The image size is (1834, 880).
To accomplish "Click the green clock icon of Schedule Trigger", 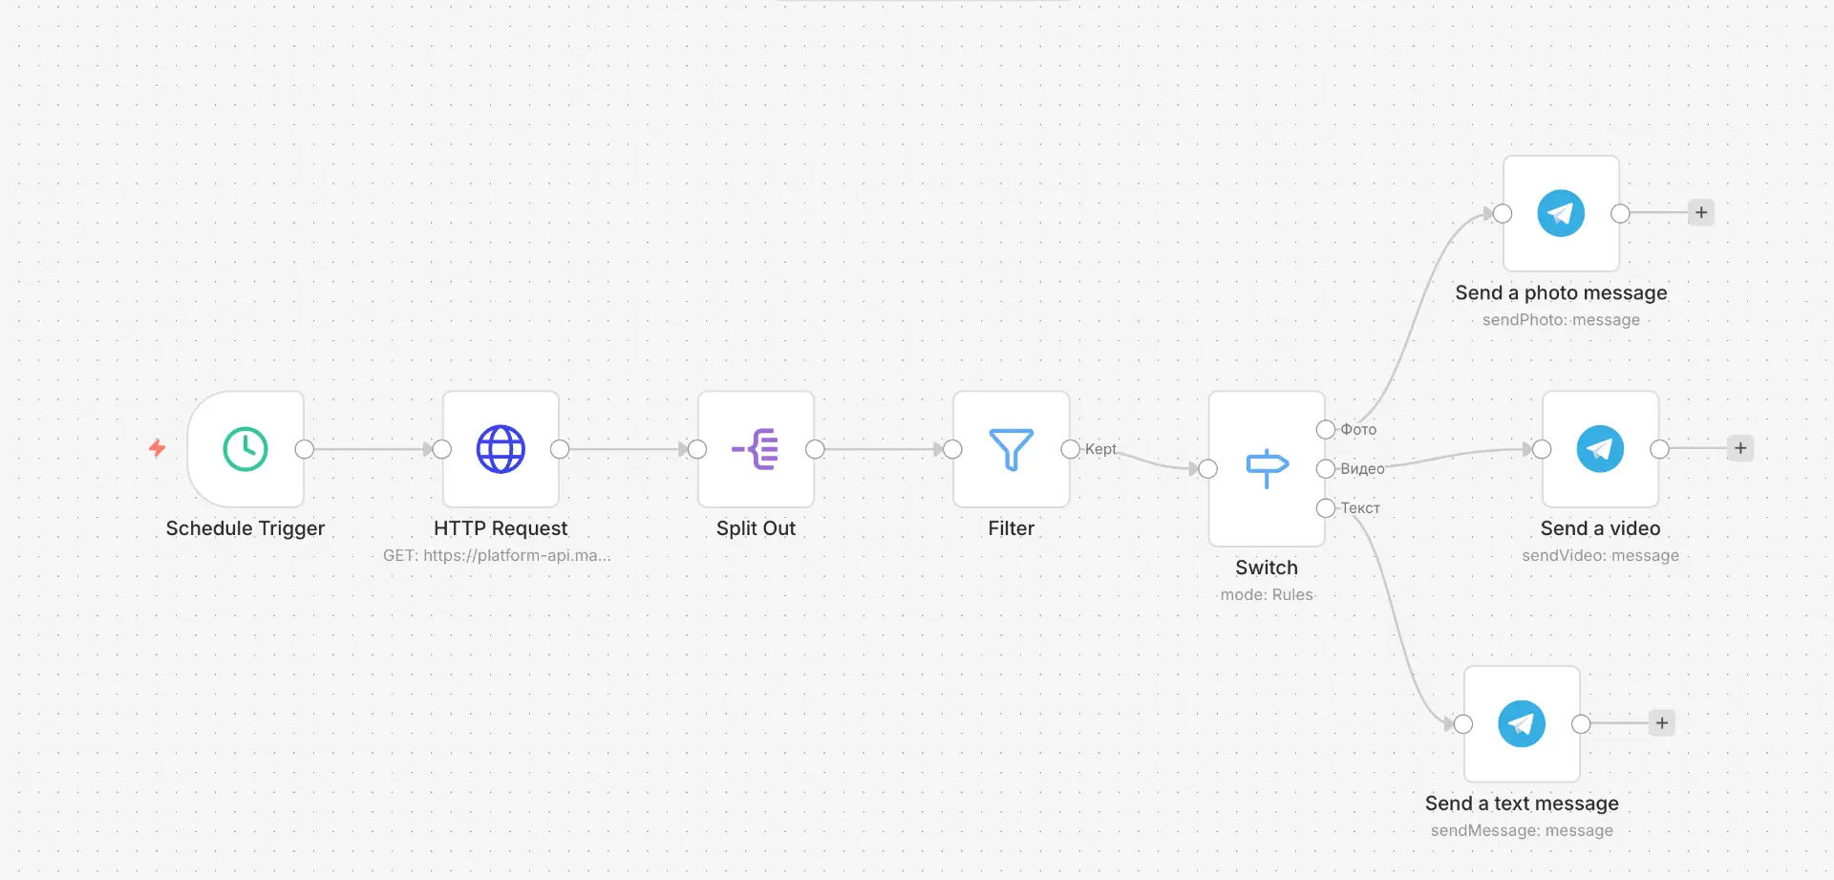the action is point(245,449).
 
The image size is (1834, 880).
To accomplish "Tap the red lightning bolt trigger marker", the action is point(158,448).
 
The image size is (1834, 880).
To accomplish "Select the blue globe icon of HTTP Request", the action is point(501,449).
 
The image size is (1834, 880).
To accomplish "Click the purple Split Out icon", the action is point(756,449).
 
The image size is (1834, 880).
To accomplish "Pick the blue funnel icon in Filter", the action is point(1012,450).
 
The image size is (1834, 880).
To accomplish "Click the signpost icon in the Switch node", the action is point(1268,468).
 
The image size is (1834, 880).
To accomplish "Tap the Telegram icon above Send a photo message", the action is point(1561,213).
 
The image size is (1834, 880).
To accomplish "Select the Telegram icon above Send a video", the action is point(1600,449).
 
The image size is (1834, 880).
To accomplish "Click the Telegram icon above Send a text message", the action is point(1522,724).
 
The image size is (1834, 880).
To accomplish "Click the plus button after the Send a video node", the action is point(1740,448).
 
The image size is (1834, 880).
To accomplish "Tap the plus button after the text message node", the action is point(1662,723).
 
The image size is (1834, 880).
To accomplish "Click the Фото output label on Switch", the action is point(1358,430).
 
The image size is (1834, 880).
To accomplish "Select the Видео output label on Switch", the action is point(1362,469).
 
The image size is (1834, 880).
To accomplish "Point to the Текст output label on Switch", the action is point(1360,508).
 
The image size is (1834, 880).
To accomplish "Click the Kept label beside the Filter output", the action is point(1100,449).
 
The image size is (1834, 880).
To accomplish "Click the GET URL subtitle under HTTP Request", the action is point(497,555).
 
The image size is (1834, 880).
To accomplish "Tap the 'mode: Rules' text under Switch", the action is point(1267,594).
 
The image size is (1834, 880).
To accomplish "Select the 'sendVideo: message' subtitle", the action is point(1600,555).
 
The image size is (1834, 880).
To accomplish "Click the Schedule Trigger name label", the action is point(245,528).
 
